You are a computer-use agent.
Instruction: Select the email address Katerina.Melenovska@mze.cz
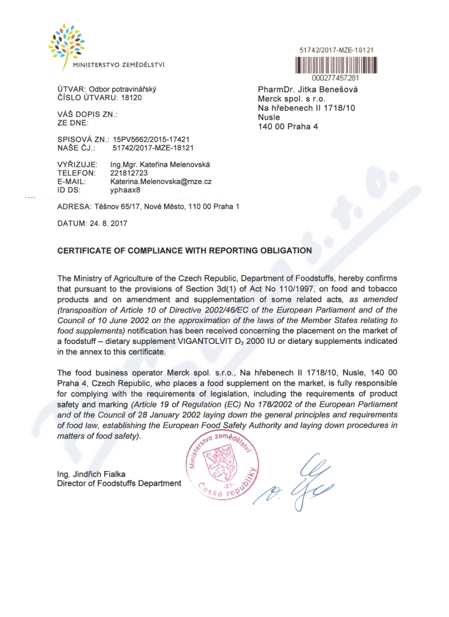click(x=161, y=182)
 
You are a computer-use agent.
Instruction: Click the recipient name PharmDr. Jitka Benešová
click(x=308, y=90)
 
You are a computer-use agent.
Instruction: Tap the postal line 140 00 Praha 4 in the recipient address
click(x=287, y=126)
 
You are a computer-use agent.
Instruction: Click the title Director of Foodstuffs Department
click(x=119, y=483)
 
